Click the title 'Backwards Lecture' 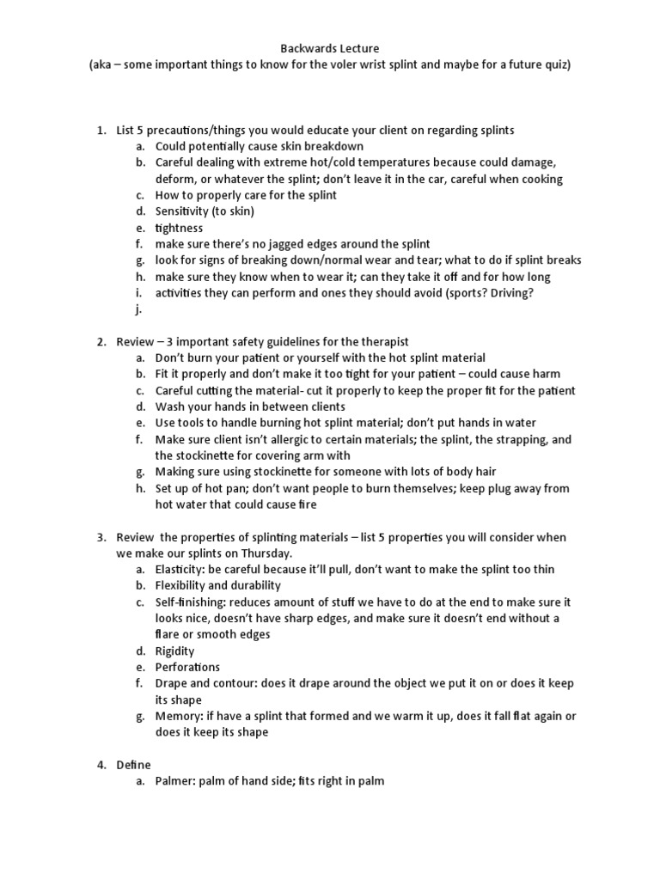click(330, 49)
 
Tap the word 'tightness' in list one click(179, 228)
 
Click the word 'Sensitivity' click(184, 211)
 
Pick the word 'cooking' click(541, 179)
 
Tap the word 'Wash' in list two click(169, 406)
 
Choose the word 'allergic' click(281, 439)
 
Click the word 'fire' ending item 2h click(307, 504)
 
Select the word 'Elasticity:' click(182, 569)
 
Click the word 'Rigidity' click(174, 651)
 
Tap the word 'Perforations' click(187, 667)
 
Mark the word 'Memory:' click(179, 716)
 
